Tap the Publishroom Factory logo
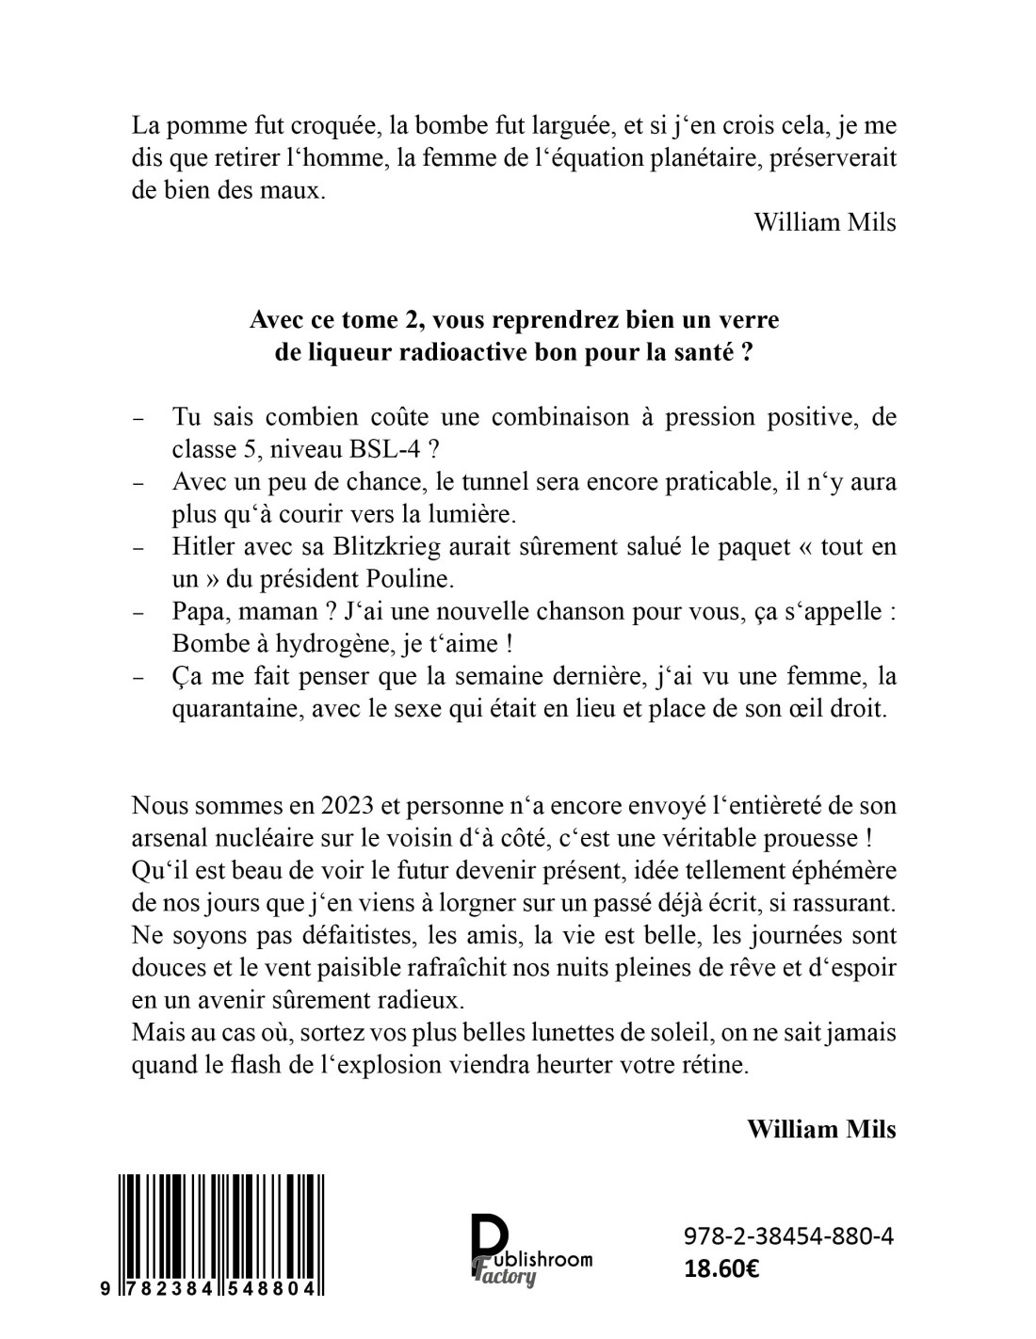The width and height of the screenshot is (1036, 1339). [530, 1250]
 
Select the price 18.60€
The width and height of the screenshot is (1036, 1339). [722, 1268]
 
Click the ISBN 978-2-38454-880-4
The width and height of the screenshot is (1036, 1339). [786, 1236]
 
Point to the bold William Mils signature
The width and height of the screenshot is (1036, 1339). [821, 1128]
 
